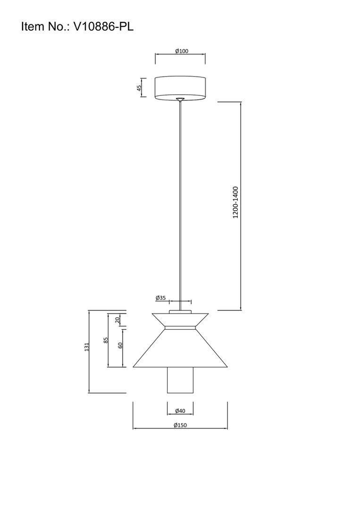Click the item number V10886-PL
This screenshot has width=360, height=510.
point(104,26)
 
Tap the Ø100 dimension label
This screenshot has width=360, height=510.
point(182,51)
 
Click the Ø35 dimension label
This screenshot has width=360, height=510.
point(161,297)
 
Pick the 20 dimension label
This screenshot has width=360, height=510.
point(118,320)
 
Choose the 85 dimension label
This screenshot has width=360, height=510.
point(106,340)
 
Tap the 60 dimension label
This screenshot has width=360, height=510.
point(120,345)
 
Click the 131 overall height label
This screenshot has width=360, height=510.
point(86,347)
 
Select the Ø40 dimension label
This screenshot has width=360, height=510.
point(180,411)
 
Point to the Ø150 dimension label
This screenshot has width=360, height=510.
point(180,425)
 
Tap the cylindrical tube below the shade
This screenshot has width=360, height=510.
point(180,380)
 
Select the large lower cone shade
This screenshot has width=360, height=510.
point(180,348)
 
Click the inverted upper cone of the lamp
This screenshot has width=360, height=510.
point(180,319)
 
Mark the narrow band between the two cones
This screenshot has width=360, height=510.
point(180,328)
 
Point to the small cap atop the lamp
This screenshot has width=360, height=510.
point(180,312)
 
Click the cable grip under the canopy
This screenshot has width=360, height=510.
point(180,99)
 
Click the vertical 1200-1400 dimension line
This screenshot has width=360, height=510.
point(241,206)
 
